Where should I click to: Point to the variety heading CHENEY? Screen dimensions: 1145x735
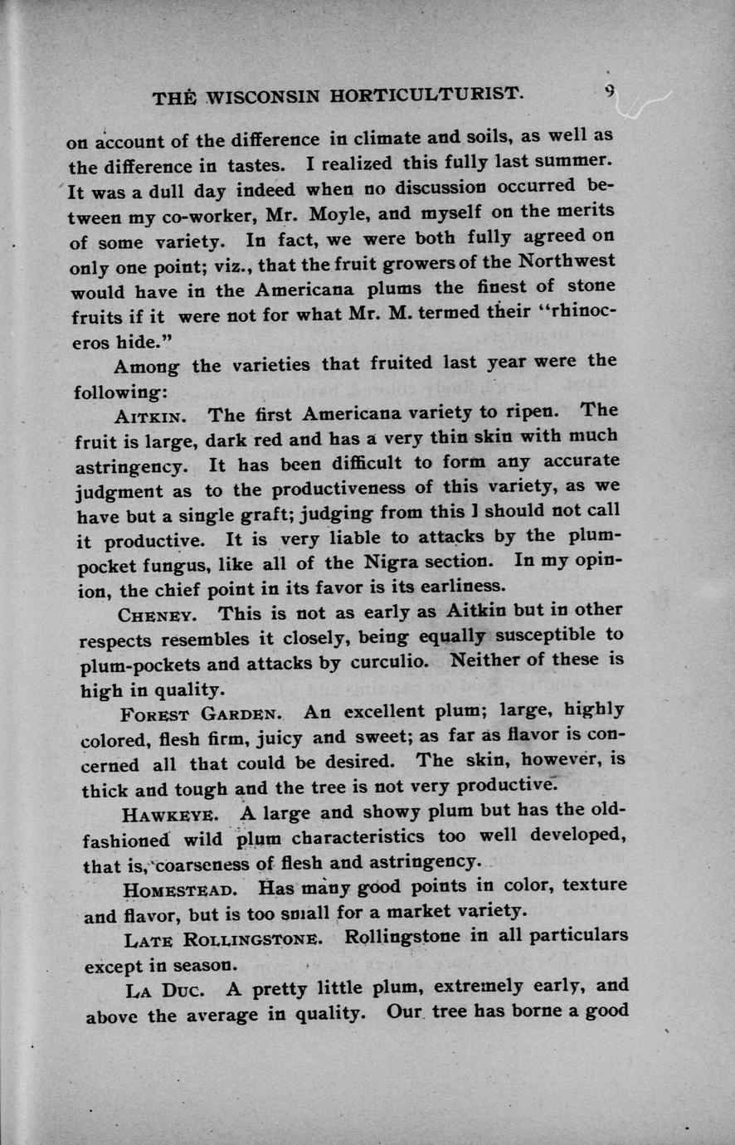[x=158, y=615]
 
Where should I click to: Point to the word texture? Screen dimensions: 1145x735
[x=594, y=885]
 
